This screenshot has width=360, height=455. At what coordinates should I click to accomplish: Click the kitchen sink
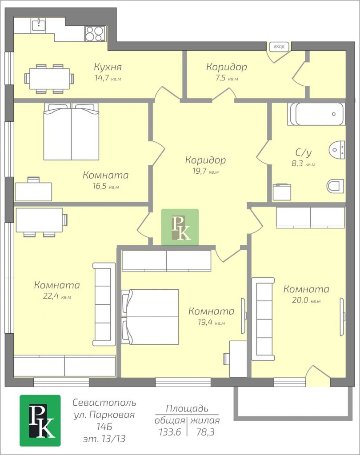point(38,25)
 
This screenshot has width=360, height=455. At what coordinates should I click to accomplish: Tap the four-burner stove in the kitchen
point(95,34)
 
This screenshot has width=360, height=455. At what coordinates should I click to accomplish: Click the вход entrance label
point(279,46)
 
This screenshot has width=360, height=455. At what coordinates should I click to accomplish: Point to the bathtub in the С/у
point(316,114)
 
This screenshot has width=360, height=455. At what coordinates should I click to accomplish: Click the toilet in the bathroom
point(336,186)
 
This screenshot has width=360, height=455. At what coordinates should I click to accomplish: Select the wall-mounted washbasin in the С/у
point(337,150)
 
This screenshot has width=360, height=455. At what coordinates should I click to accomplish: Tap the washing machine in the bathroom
point(282,192)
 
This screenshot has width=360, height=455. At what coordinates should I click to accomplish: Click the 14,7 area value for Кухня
point(102,78)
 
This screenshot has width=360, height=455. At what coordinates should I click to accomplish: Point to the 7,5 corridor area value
point(220,78)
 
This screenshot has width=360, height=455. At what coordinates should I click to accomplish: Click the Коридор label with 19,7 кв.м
point(205,160)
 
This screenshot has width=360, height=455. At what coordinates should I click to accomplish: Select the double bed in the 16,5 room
point(72,132)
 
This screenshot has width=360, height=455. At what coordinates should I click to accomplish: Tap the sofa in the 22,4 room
point(104,304)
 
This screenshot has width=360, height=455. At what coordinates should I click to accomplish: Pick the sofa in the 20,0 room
point(263,319)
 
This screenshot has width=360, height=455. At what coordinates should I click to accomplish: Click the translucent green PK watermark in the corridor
point(180,227)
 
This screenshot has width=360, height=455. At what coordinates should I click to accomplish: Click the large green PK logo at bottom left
point(40,420)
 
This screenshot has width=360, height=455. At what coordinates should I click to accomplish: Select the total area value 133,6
point(170,432)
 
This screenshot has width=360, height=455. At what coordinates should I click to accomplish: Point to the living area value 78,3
point(205,432)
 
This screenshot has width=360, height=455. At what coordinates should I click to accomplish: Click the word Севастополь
point(104,403)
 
